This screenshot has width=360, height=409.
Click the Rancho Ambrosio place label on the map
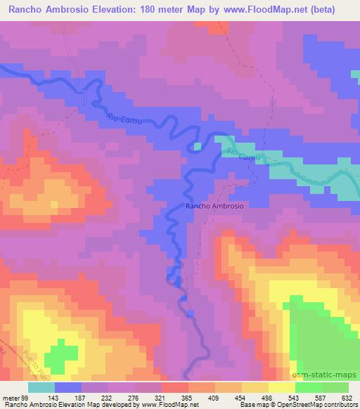point(214,206)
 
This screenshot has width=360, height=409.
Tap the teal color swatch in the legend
point(41,387)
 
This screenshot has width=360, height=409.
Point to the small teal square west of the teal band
point(198,146)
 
